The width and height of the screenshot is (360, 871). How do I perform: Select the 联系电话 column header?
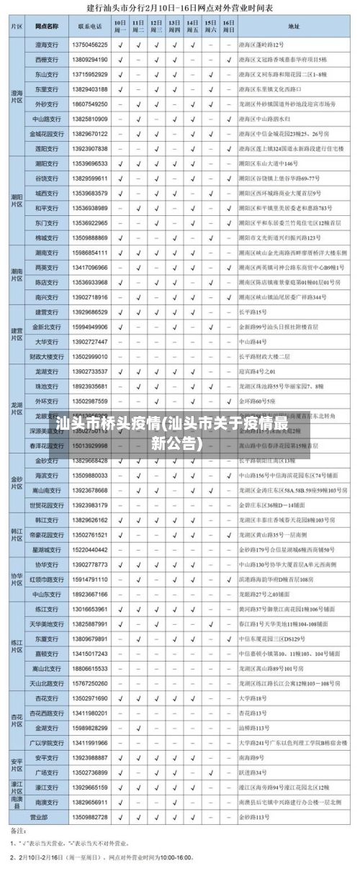[90, 27]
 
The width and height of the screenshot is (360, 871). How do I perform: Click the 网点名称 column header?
[47, 27]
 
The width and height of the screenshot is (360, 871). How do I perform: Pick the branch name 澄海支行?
[47, 45]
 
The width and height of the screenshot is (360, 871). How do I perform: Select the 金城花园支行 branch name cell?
[47, 134]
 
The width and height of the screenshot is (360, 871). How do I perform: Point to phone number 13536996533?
[90, 164]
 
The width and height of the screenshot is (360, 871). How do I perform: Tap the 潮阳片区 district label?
[16, 200]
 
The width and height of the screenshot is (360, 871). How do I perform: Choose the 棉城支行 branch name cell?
[47, 238]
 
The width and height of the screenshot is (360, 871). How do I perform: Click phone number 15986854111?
[90, 253]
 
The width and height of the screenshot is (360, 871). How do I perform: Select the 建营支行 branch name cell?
[47, 312]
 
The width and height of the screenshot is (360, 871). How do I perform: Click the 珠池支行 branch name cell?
[47, 387]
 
